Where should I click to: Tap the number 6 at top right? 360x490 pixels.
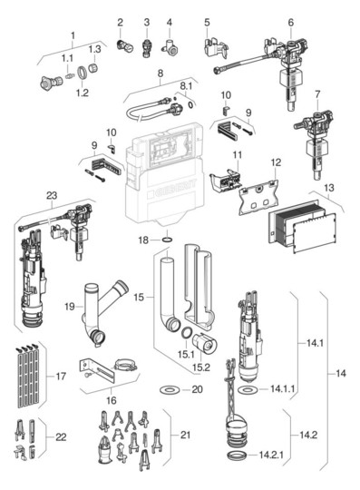(291, 22)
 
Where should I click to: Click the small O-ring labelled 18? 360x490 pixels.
(169, 241)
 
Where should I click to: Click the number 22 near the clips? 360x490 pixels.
(62, 437)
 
